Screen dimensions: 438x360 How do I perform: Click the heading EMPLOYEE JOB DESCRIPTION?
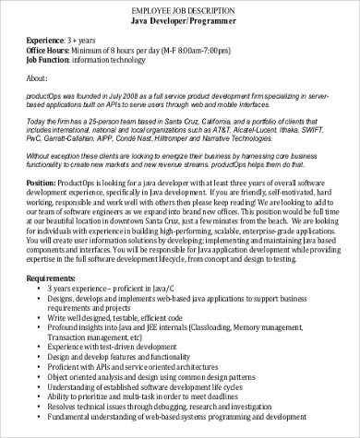pos(179,8)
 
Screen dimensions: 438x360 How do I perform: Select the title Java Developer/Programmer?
pos(179,19)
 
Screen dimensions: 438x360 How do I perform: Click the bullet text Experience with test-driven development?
pos(145,375)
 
